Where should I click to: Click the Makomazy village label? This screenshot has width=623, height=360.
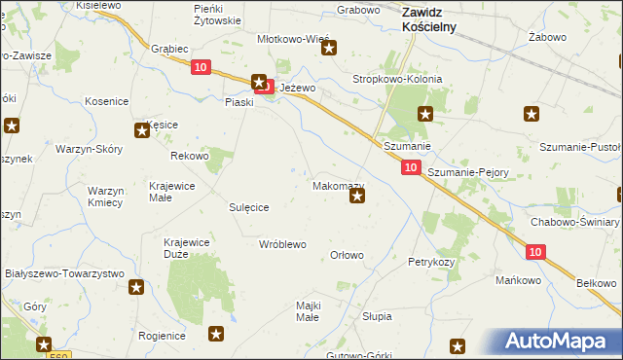(338, 185)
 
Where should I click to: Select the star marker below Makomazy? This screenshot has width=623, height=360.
(357, 198)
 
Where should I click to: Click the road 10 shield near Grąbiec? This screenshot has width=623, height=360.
(200, 66)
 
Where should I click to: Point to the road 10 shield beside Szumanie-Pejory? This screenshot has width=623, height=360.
(411, 168)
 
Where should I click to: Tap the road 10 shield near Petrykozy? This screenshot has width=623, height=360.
(535, 251)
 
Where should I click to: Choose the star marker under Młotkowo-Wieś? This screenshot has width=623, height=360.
(329, 49)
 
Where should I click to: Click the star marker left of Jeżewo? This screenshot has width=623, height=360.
(259, 84)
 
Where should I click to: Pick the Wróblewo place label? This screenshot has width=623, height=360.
(282, 244)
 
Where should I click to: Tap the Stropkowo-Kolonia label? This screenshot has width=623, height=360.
(397, 80)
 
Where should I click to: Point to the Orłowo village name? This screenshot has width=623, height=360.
(348, 256)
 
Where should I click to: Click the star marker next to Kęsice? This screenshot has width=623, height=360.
(140, 130)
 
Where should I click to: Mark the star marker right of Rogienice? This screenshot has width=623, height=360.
(216, 335)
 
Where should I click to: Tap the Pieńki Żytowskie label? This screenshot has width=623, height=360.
(217, 15)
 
